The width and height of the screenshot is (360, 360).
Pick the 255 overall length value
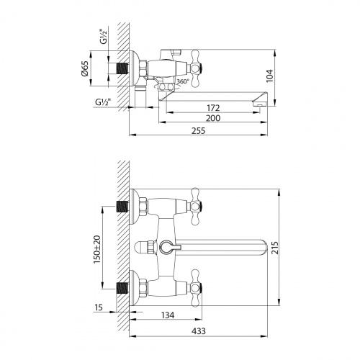[x=197, y=130]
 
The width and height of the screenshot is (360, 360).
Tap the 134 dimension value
[x=168, y=314]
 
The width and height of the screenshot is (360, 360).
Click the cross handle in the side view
[x=197, y=64]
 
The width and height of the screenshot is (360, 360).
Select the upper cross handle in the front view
[x=194, y=204]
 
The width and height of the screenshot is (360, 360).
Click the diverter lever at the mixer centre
[x=166, y=247]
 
